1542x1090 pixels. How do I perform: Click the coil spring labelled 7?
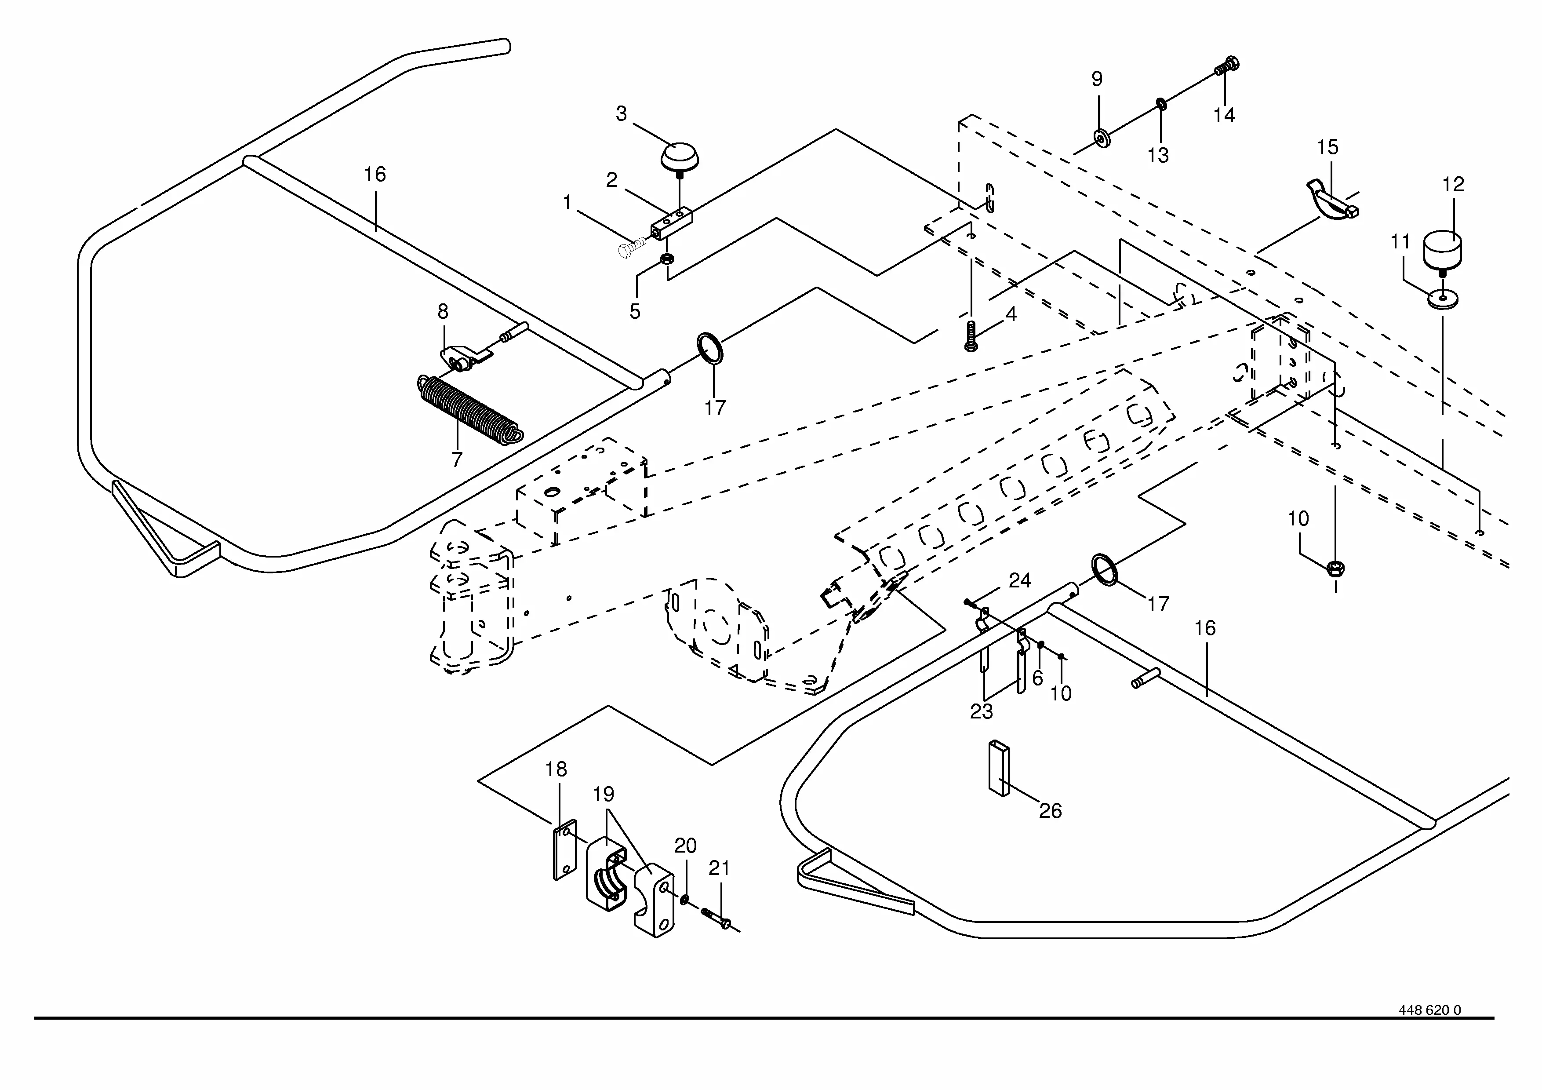(x=469, y=410)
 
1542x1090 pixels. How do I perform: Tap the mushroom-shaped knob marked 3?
(x=680, y=157)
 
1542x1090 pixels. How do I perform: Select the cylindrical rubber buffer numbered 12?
(x=1441, y=251)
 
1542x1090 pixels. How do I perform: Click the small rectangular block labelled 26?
(x=998, y=768)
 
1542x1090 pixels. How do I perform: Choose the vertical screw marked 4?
(x=971, y=336)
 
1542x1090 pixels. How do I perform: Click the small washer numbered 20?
(x=684, y=899)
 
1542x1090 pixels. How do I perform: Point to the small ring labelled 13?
(x=1160, y=103)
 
